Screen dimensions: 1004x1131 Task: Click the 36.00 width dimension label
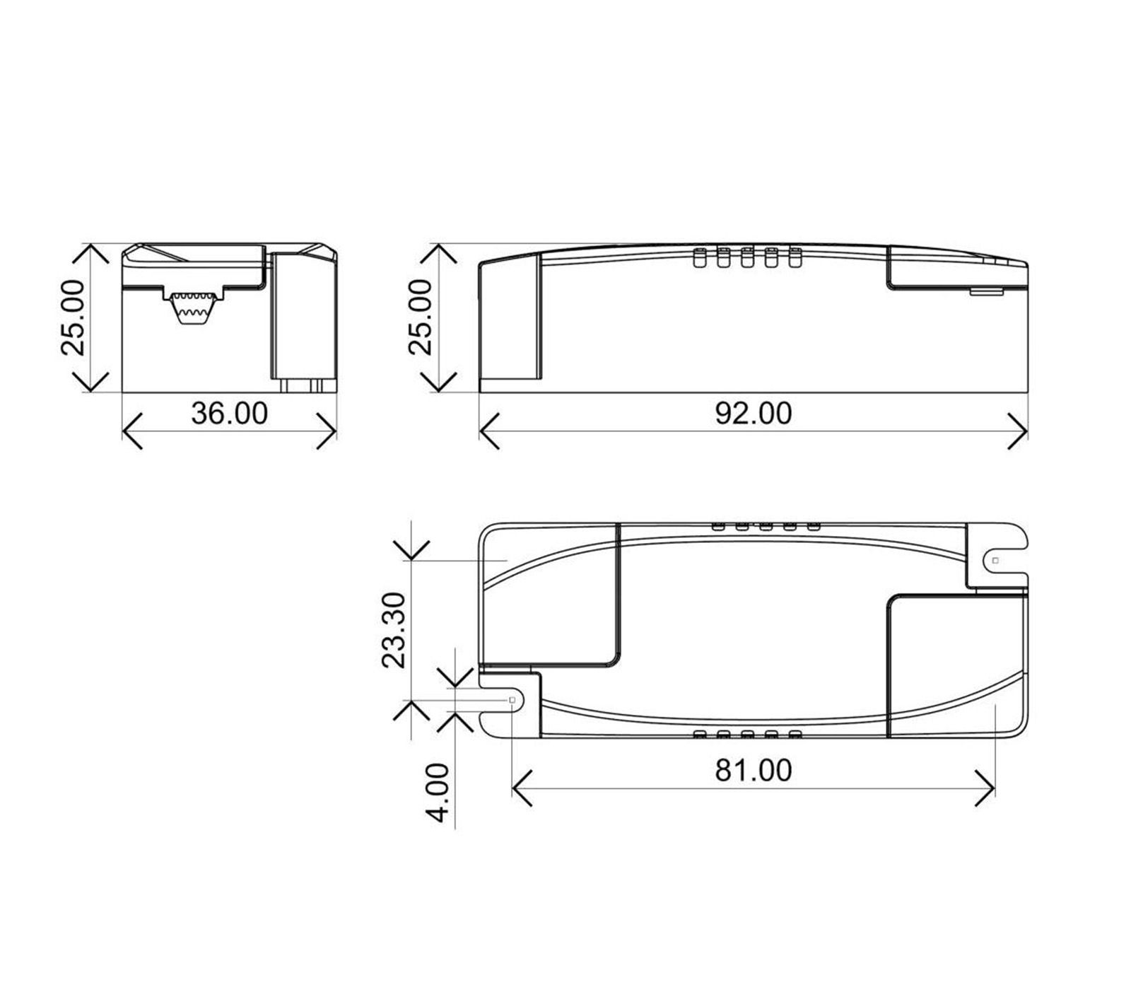tap(229, 414)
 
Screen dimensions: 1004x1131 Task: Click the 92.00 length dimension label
tap(753, 414)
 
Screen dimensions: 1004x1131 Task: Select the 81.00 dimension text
tap(753, 770)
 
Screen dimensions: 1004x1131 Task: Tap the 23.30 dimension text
tap(394, 630)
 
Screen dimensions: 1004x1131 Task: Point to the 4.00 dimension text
tap(439, 792)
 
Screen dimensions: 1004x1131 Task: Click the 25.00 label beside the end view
tap(73, 317)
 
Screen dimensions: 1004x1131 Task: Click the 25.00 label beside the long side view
tap(421, 317)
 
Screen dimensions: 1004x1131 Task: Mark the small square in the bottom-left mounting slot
tap(512, 699)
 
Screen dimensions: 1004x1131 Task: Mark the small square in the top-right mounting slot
tap(995, 560)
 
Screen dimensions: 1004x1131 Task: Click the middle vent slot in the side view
tap(746, 257)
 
